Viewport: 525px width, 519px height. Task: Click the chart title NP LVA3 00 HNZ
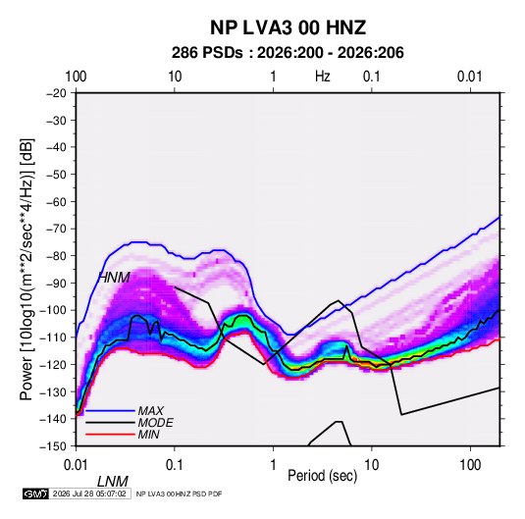[x=288, y=27]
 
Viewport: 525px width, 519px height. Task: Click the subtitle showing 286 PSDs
[x=288, y=53]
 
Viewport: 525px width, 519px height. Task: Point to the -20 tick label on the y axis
[x=56, y=93]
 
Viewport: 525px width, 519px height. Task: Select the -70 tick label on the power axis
[x=56, y=229]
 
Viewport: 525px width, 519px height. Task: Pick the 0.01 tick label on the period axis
[x=77, y=465]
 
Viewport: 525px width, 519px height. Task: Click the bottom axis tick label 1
[x=273, y=465]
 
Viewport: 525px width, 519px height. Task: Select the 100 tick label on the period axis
[x=470, y=465]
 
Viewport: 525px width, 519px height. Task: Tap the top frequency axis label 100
[x=76, y=77]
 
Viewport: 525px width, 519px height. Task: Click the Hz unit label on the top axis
[x=323, y=77]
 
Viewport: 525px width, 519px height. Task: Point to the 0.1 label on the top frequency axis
[x=372, y=77]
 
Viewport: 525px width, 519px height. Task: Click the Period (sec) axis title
[x=323, y=476]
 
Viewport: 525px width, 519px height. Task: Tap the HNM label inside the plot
[x=114, y=278]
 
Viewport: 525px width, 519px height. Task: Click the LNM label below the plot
[x=113, y=482]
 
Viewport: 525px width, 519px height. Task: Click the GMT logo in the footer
[x=35, y=493]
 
